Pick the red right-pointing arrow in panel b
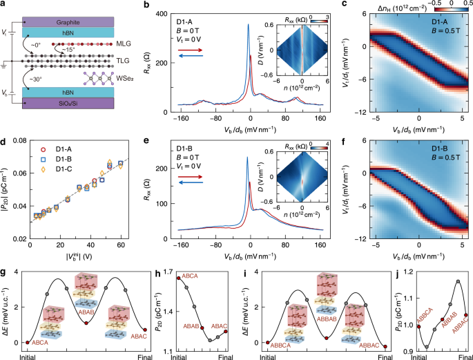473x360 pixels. point(185,49)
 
